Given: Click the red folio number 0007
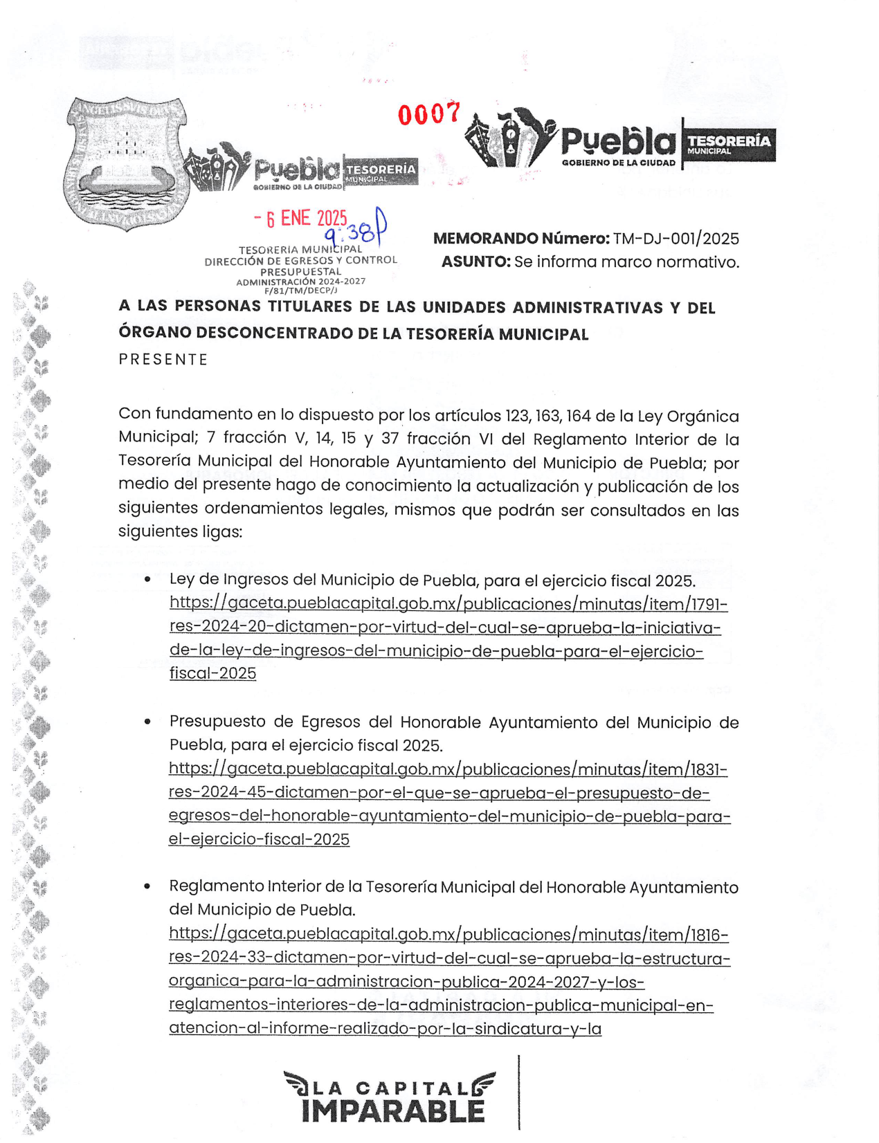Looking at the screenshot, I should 428,113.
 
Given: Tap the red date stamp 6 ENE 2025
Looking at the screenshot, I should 300,219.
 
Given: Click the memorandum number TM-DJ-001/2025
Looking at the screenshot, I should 676,239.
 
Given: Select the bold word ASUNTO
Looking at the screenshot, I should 475,262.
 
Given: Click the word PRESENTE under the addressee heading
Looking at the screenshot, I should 163,360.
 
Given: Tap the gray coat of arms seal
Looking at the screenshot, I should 127,163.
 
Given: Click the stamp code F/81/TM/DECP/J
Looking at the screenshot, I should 300,291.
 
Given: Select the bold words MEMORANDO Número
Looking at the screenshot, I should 521,239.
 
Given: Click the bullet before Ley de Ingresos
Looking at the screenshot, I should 147,580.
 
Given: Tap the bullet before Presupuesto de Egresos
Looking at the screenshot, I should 147,722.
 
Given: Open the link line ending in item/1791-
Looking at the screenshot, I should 448,604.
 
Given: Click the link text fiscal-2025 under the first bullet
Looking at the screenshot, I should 212,673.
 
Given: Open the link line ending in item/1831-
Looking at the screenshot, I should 448,769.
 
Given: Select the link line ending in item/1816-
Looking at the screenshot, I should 448,935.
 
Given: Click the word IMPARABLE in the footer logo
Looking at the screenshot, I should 392,1112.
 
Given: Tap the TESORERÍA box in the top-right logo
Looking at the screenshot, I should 729,144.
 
